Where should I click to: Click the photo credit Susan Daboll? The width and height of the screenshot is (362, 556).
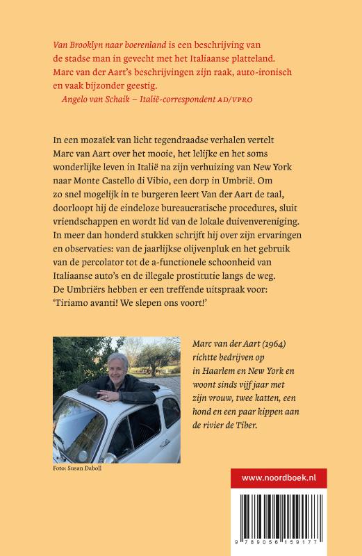pyautogui.click(x=82, y=470)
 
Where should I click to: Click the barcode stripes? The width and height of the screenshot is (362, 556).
pyautogui.click(x=295, y=518)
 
